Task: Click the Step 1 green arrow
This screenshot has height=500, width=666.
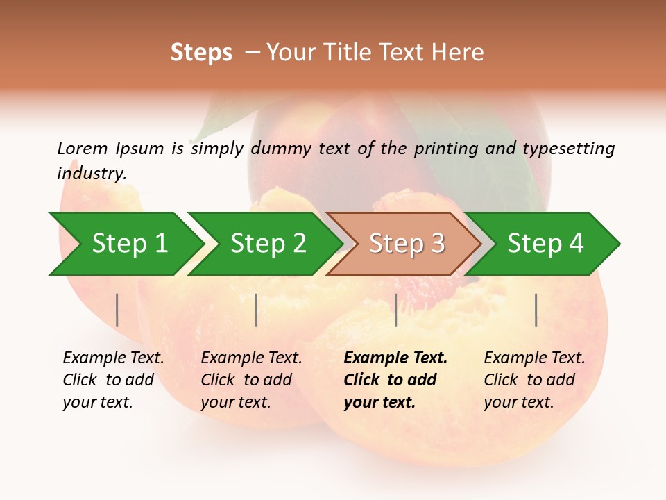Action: click(129, 244)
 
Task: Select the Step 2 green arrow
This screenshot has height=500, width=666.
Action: click(268, 244)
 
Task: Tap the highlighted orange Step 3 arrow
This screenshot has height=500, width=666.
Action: click(407, 244)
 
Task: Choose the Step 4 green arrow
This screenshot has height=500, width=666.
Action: click(545, 244)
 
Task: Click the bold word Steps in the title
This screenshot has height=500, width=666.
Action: click(201, 53)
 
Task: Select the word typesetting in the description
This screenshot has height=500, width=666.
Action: click(568, 149)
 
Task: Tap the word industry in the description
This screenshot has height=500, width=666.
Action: click(91, 174)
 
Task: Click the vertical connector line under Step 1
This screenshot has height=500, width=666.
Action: click(117, 310)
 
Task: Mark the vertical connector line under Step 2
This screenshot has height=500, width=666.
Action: click(256, 310)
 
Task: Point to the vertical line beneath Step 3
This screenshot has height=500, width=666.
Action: click(396, 310)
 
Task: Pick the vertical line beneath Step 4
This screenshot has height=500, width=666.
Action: click(536, 310)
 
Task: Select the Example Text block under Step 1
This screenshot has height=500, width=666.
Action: click(113, 380)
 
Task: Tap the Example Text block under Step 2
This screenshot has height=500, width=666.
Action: click(251, 380)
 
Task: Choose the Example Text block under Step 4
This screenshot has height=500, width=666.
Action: click(534, 380)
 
